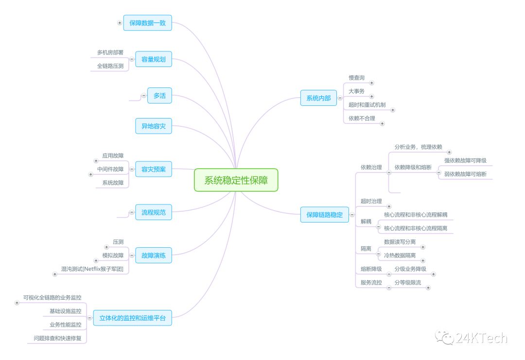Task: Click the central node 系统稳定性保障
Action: click(236, 180)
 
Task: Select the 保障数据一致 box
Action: click(147, 23)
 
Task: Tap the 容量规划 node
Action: click(153, 59)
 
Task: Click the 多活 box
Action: click(159, 96)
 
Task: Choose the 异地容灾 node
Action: click(153, 126)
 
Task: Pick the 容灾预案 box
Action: click(153, 169)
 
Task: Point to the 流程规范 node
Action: click(153, 212)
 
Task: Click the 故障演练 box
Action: click(153, 255)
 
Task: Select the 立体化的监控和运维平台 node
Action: click(132, 318)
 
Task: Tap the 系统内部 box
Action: click(318, 98)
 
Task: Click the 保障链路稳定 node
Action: click(324, 214)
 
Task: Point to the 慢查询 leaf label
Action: click(356, 78)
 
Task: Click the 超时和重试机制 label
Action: click(367, 104)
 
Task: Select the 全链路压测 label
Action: click(110, 66)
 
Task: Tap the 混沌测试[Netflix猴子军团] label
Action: click(92, 269)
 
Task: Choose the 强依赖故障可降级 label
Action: click(465, 160)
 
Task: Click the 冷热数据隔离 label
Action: click(400, 255)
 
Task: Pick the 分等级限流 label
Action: click(407, 282)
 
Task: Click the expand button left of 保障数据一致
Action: click(120, 23)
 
